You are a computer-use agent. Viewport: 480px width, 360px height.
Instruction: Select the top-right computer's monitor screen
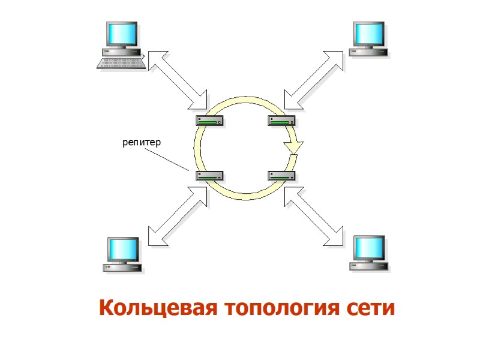[x=367, y=34]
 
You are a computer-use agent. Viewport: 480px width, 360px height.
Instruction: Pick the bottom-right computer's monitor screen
[x=367, y=247]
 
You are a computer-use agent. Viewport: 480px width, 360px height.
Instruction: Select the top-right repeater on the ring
[x=281, y=121]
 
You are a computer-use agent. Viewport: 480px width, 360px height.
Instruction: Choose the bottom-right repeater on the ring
[x=281, y=176]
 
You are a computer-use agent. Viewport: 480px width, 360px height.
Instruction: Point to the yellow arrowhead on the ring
[x=294, y=146]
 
